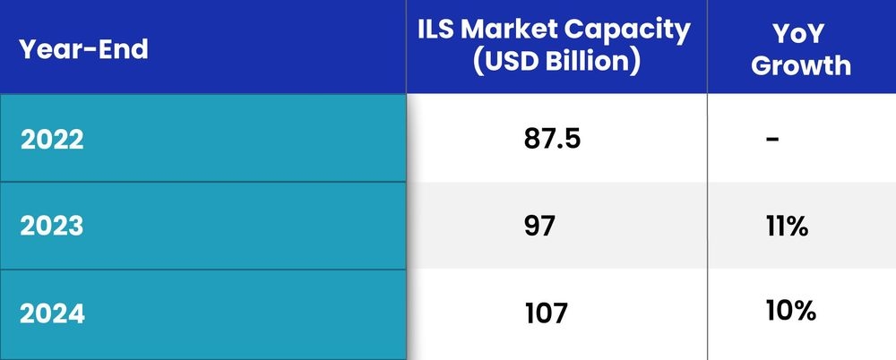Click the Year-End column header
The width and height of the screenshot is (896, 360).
click(x=83, y=49)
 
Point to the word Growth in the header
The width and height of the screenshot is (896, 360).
click(x=800, y=64)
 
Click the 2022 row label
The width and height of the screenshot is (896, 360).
click(x=52, y=141)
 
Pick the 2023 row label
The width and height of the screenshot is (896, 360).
click(x=52, y=227)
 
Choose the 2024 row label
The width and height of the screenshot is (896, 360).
click(x=52, y=313)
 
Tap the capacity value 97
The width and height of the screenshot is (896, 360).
click(x=540, y=227)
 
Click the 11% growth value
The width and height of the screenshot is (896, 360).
click(x=788, y=227)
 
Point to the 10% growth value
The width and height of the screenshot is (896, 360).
click(x=790, y=312)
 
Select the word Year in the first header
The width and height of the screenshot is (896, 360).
click(x=47, y=49)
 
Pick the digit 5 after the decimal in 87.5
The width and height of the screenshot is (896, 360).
click(x=576, y=140)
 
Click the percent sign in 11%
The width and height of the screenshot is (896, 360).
click(x=799, y=227)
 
